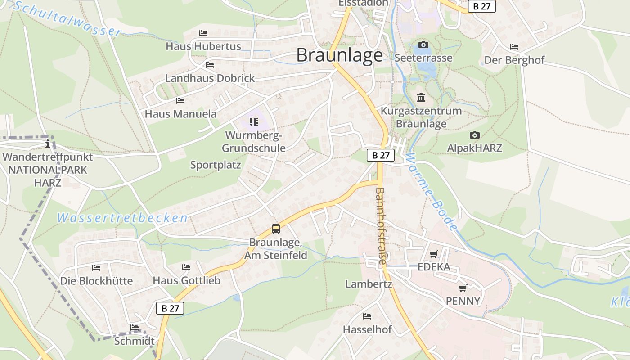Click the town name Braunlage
(x=340, y=55)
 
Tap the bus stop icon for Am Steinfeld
(x=276, y=229)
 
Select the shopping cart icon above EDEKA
(x=433, y=254)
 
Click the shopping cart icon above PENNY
(x=463, y=288)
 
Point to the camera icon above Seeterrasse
(x=423, y=45)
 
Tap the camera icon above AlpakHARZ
(x=474, y=135)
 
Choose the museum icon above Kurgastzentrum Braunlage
(x=421, y=97)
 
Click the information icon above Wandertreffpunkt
(x=48, y=144)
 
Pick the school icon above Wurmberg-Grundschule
(x=254, y=122)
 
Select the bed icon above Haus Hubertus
(x=203, y=33)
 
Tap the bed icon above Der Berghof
(x=514, y=47)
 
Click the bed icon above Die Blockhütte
(x=96, y=268)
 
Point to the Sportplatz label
(x=216, y=165)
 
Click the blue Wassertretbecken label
(x=122, y=218)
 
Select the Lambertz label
(x=369, y=284)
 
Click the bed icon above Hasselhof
(x=367, y=316)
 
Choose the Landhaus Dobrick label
(x=210, y=78)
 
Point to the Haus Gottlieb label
(x=187, y=280)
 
